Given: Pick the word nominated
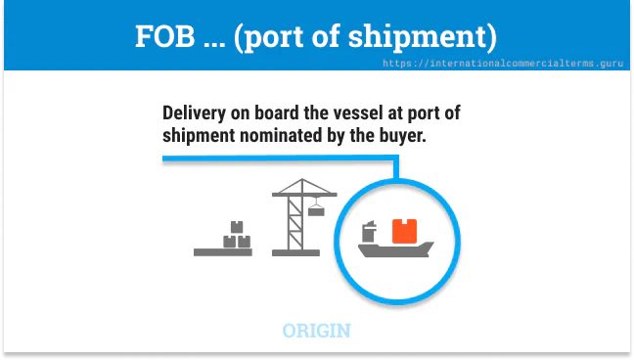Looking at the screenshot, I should tap(290, 136).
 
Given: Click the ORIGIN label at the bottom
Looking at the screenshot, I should tap(316, 331).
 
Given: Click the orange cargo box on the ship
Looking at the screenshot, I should tap(404, 232).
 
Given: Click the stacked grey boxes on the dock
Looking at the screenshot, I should tap(236, 234).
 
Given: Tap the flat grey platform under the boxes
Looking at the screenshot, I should tap(223, 251).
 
